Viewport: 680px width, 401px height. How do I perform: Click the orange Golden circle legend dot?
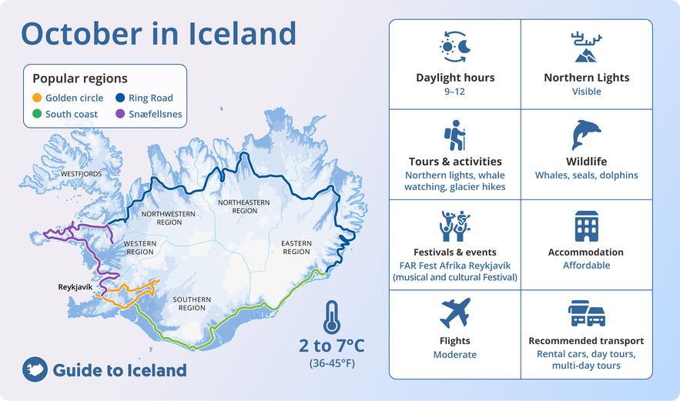pyautogui.click(x=37, y=98)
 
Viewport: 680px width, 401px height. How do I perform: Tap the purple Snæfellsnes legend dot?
pyautogui.click(x=120, y=114)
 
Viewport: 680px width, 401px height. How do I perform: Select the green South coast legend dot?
pyautogui.click(x=37, y=114)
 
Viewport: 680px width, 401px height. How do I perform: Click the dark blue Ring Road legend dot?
pyautogui.click(x=120, y=98)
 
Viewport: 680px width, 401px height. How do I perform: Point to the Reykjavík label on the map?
pyautogui.click(x=75, y=287)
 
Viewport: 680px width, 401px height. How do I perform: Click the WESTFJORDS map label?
pyautogui.click(x=81, y=174)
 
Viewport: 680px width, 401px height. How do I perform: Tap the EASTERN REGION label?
pyautogui.click(x=296, y=248)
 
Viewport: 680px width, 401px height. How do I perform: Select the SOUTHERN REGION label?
pyautogui.click(x=192, y=303)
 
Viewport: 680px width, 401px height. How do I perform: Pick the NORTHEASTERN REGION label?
pyautogui.click(x=243, y=206)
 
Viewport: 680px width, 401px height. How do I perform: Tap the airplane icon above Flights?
pyautogui.click(x=455, y=312)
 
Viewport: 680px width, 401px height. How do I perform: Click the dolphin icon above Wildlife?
pyautogui.click(x=586, y=135)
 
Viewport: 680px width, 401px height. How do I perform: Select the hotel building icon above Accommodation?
pyautogui.click(x=586, y=226)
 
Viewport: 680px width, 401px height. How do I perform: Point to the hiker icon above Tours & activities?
pyautogui.click(x=454, y=135)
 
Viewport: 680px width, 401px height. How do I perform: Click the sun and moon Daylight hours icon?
pyautogui.click(x=454, y=46)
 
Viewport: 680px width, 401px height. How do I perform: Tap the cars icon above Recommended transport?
pyautogui.click(x=586, y=313)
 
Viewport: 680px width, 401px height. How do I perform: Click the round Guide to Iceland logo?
pyautogui.click(x=35, y=369)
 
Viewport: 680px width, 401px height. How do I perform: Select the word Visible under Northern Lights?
pyautogui.click(x=586, y=92)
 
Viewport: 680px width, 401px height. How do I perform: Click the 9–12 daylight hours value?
pyautogui.click(x=454, y=92)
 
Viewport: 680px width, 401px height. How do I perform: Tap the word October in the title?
pyautogui.click(x=82, y=33)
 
